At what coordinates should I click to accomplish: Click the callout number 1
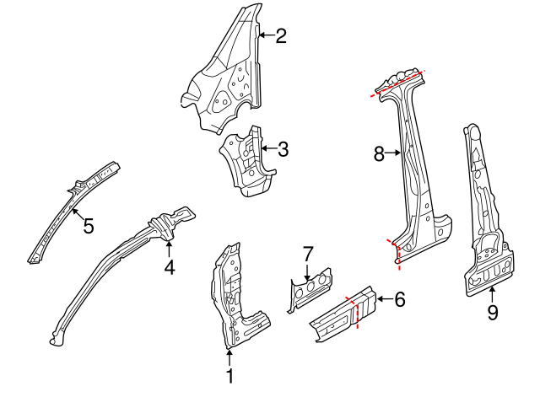click(229, 377)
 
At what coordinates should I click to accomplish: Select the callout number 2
click(281, 35)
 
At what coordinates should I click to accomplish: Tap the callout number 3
click(283, 150)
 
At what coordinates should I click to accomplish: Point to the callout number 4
click(170, 267)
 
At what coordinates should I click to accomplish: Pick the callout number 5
click(88, 226)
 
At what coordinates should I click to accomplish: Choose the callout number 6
click(399, 298)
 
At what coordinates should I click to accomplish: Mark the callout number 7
click(308, 253)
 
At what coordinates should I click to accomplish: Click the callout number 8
click(379, 153)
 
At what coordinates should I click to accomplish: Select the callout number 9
click(493, 313)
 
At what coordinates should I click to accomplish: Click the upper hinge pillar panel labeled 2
click(224, 84)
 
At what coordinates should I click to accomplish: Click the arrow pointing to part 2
click(266, 35)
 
